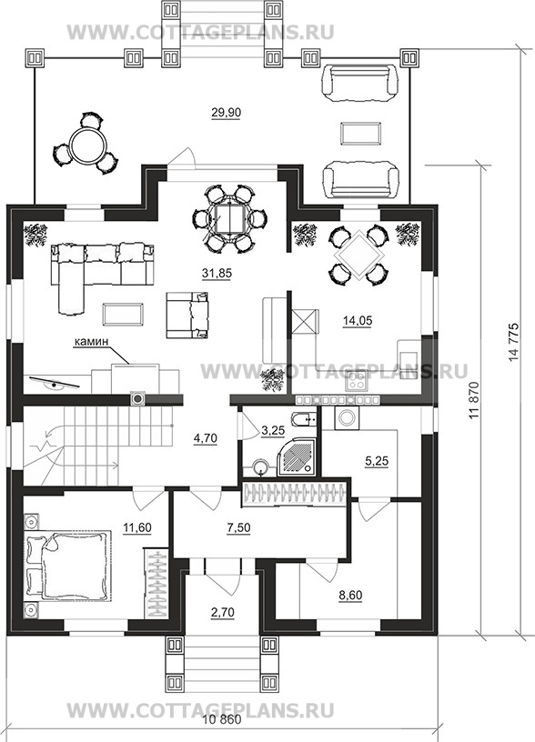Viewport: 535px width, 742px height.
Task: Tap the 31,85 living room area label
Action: coord(216,273)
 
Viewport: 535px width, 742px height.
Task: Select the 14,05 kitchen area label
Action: coord(358,320)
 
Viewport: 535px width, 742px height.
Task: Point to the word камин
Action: coord(91,341)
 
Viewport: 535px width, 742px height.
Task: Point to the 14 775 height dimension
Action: coord(514,343)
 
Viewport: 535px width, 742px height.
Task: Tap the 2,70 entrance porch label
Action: coord(223,613)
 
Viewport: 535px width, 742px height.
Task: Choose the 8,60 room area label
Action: coord(351,595)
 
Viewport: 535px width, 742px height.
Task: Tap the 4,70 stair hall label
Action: coord(206,438)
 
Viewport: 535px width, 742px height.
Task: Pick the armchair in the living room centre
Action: coord(188,315)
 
